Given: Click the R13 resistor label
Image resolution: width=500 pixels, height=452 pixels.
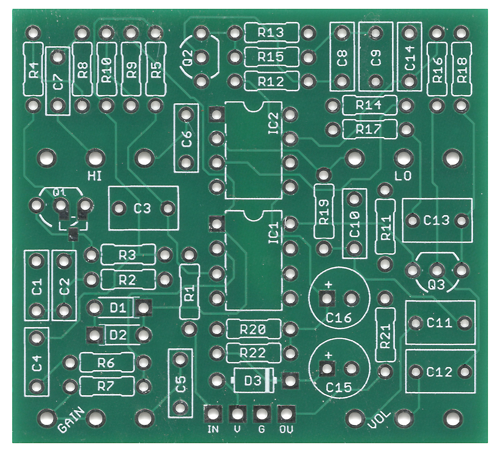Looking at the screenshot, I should (x=271, y=32).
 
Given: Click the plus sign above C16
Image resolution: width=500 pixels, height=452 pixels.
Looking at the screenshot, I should (x=328, y=284).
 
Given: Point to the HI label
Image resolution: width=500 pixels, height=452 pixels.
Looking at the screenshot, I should (x=94, y=176).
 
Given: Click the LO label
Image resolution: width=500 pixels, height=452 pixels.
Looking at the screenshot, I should (x=403, y=176).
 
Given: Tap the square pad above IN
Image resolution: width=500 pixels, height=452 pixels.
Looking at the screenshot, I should (x=213, y=414).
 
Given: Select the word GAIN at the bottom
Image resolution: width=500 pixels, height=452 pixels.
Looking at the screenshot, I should (x=71, y=420).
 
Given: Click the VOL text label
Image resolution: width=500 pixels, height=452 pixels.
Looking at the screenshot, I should (x=379, y=419).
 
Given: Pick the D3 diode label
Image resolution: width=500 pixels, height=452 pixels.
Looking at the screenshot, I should (x=252, y=381).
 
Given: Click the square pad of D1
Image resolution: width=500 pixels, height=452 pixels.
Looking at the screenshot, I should (x=143, y=308).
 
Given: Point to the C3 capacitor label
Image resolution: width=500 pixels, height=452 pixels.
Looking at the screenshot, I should (x=142, y=208).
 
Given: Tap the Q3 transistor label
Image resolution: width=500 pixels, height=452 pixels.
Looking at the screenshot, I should (x=436, y=285).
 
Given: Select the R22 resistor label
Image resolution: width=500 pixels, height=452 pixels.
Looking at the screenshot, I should (x=252, y=353).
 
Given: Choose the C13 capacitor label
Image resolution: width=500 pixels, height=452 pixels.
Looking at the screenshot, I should (x=436, y=220).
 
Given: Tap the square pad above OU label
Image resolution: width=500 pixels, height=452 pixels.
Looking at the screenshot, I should (x=286, y=414).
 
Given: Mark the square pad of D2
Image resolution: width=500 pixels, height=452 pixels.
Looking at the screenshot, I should (x=94, y=335).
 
